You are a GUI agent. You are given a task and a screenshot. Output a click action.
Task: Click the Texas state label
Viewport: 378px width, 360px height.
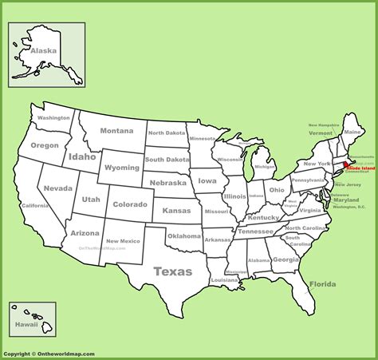click(173, 271)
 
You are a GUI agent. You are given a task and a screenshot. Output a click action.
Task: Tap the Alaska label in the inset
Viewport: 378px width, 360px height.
click(44, 51)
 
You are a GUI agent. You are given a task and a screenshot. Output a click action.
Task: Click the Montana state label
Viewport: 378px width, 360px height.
click(116, 131)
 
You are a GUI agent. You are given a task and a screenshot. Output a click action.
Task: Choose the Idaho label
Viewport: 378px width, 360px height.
click(81, 156)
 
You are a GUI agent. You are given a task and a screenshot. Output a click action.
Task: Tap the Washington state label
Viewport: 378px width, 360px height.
click(53, 117)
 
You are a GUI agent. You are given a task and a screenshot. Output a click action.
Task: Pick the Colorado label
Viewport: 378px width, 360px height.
click(130, 204)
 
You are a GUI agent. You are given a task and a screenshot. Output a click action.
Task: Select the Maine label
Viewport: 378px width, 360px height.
click(352, 131)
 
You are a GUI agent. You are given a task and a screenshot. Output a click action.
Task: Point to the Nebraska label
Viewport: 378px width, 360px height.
click(167, 183)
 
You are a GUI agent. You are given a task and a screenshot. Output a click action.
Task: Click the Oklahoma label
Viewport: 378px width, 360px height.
click(184, 235)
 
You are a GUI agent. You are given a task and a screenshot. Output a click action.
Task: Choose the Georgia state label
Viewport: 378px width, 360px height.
click(285, 259)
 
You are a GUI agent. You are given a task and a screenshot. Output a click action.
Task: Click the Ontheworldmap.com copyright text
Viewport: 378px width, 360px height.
click(49, 354)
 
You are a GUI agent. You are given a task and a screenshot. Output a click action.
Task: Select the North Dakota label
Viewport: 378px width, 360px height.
click(166, 133)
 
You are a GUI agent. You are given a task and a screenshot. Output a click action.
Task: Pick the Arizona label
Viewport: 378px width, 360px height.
click(85, 232)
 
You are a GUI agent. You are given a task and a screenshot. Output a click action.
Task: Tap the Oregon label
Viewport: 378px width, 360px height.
click(45, 145)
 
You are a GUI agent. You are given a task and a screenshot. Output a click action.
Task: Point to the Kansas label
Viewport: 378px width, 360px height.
click(176, 210)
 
